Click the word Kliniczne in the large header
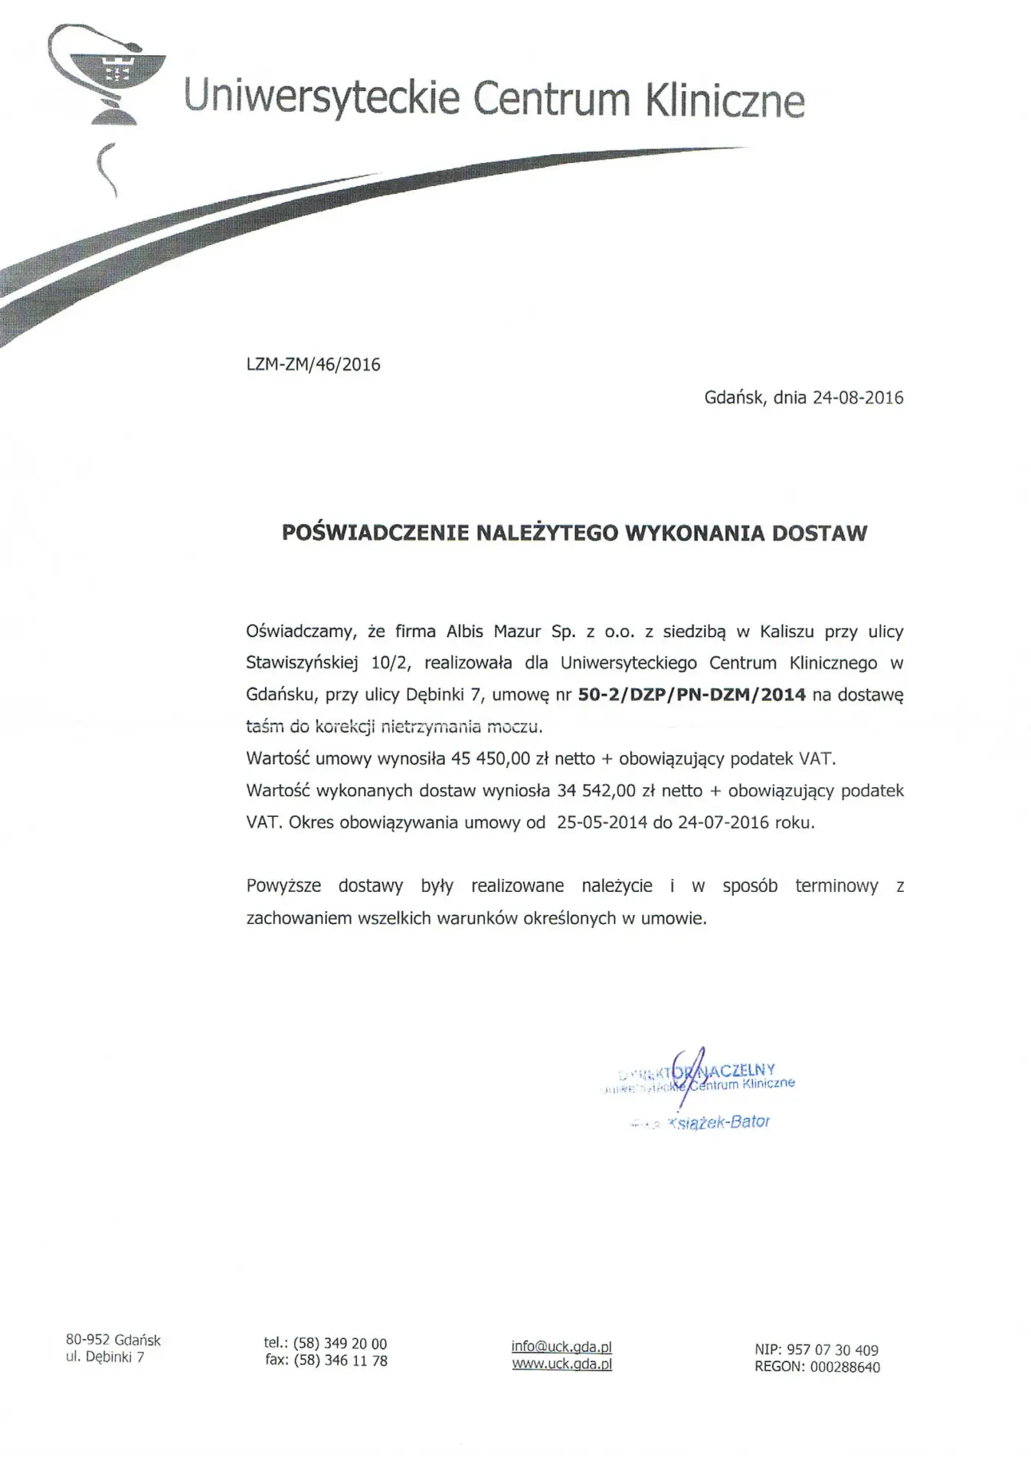tap(725, 100)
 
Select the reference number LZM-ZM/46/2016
tap(313, 364)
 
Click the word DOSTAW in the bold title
tap(820, 533)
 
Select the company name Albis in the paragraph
tap(465, 632)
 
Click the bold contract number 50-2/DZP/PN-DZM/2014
tap(692, 695)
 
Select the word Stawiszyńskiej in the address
tap(302, 663)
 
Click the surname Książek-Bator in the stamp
tap(718, 1122)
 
